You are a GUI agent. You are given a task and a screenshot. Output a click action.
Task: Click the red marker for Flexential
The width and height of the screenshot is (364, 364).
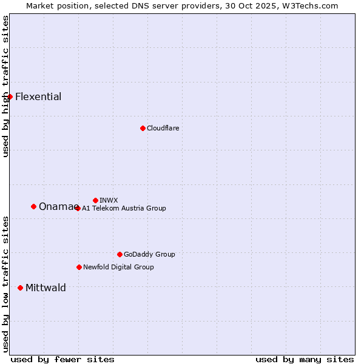coord(10,96)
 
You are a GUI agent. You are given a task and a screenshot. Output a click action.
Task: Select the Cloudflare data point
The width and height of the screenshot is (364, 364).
coord(143,128)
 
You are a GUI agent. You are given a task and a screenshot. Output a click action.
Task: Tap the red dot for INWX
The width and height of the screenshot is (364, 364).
coord(95,200)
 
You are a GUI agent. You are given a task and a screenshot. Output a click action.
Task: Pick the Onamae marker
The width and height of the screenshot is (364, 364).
coord(33,206)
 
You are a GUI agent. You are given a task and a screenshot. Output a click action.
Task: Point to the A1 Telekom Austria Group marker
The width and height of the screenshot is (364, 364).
coord(78,208)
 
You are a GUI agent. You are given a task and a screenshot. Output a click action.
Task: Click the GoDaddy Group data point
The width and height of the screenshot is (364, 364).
coord(120,254)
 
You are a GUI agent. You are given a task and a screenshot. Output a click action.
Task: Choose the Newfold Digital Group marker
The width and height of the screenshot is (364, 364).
coord(79,267)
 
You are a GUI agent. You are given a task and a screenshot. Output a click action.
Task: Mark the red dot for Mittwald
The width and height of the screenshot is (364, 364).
coord(20,288)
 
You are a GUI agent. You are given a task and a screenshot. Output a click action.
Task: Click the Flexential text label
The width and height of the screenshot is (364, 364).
coord(38,96)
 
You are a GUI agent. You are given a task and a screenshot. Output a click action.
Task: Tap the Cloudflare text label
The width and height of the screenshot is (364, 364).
coord(163,128)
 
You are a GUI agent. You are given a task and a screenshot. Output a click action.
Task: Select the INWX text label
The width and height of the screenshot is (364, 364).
coord(109,200)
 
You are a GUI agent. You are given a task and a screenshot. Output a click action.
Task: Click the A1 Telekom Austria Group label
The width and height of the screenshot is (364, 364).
coord(124,208)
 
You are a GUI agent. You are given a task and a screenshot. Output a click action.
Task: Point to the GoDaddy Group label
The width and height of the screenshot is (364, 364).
coord(149,254)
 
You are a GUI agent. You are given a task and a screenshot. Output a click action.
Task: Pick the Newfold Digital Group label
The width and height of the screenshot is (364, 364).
coord(118,267)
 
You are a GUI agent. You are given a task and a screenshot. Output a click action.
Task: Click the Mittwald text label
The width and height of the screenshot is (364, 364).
coord(45,288)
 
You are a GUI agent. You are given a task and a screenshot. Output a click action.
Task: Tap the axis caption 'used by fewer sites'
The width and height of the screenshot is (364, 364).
coord(62,359)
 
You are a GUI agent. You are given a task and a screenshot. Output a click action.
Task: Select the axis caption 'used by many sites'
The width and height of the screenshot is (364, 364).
coord(305,359)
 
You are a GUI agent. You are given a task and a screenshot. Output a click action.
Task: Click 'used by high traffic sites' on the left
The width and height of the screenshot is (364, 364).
coord(5,86)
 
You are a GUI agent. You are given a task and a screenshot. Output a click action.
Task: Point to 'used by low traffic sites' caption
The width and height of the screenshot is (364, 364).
coord(5,284)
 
